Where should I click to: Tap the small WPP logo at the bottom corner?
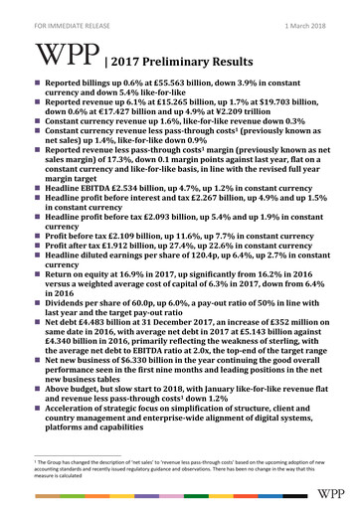pyautogui.click(x=332, y=494)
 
